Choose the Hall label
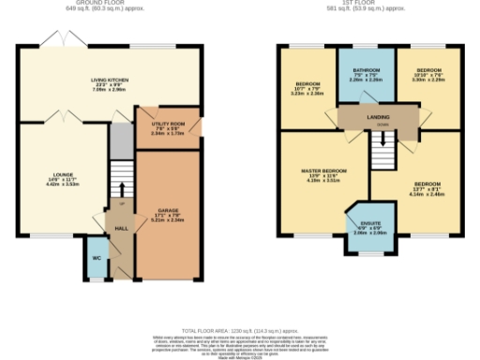[122, 227]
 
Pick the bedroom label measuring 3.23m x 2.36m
[305, 88]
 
